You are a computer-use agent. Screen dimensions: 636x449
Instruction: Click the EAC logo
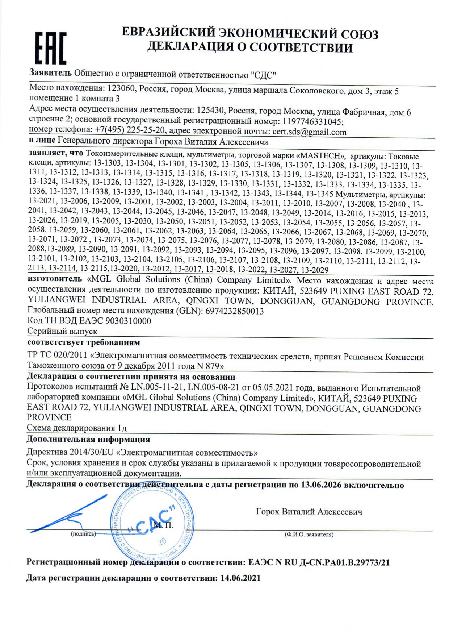tap(51, 47)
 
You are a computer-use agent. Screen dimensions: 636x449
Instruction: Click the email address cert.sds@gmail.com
tap(309, 132)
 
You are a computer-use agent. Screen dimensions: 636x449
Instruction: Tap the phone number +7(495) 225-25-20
tap(130, 130)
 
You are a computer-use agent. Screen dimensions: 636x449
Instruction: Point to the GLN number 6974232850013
tap(234, 311)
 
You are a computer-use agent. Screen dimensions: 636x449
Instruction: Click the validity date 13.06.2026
tap(321, 485)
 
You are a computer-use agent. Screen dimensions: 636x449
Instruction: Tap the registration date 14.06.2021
tap(240, 578)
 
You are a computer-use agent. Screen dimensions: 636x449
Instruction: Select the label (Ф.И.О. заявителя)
tap(309, 534)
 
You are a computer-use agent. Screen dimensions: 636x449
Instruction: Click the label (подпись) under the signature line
tap(84, 534)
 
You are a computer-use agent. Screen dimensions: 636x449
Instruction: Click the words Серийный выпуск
tap(62, 331)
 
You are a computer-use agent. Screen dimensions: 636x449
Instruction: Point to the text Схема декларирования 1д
tap(77, 428)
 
